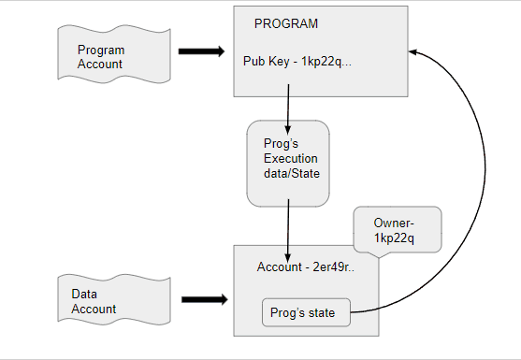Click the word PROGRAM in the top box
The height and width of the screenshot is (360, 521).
pos(286,22)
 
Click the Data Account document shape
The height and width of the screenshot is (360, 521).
pos(101,300)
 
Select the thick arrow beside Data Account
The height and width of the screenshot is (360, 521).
pos(203,300)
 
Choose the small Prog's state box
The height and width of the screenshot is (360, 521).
pos(306,312)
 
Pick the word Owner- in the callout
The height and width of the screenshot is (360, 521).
pos(394,223)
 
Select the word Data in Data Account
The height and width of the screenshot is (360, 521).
pos(84,293)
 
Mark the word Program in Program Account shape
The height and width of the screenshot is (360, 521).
pos(100,50)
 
